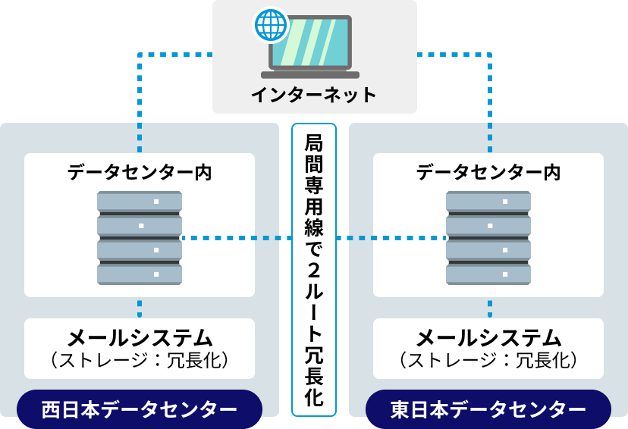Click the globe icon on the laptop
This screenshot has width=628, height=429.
[271, 25]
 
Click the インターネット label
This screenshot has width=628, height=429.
[314, 95]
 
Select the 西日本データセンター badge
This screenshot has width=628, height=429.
[139, 410]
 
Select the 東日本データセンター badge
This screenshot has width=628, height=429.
[488, 410]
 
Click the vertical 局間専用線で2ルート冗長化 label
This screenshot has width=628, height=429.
[314, 269]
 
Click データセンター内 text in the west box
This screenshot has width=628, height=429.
[140, 173]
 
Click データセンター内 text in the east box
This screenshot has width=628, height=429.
[488, 173]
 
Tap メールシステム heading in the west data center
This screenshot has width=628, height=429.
[140, 337]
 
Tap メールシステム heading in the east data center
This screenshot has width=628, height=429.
[488, 337]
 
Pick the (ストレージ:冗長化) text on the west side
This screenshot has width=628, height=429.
[140, 359]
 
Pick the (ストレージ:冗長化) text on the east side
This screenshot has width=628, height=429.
[488, 359]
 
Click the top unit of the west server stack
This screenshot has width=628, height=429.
[140, 202]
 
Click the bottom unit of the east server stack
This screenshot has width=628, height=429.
[488, 274]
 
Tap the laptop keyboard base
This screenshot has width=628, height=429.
[310, 74]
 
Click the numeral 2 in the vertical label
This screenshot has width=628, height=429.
[314, 271]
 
